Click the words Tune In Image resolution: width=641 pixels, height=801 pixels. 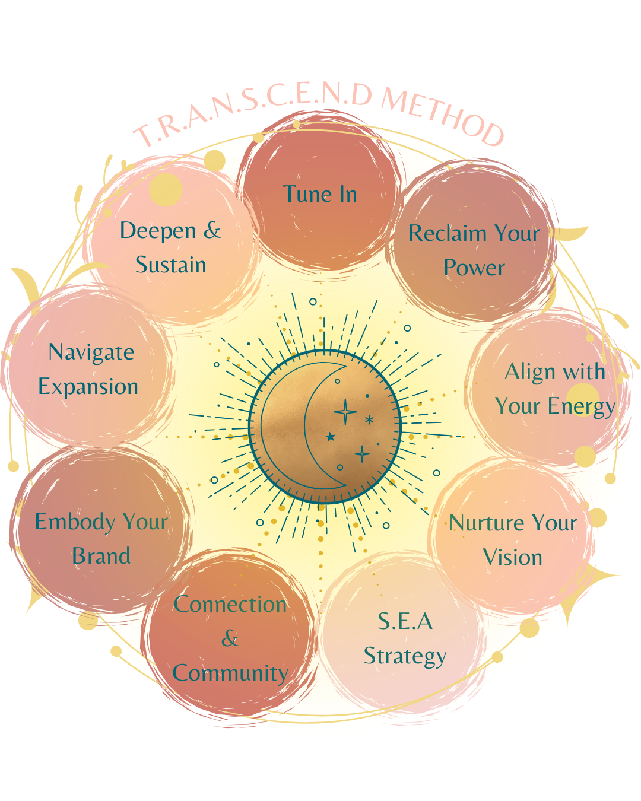click(x=320, y=194)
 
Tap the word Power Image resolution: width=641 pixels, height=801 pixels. click(x=474, y=268)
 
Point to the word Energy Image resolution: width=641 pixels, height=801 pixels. click(x=581, y=407)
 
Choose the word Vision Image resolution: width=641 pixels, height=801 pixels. click(x=512, y=557)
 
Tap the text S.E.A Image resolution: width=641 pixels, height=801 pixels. click(x=405, y=621)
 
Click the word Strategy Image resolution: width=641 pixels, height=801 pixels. click(x=405, y=656)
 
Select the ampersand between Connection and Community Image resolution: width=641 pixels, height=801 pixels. click(x=230, y=638)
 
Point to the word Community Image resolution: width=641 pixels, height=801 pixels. click(x=230, y=673)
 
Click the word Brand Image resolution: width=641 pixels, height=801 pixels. click(x=101, y=556)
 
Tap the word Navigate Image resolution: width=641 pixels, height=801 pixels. click(x=91, y=352)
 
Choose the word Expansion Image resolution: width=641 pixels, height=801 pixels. click(x=88, y=387)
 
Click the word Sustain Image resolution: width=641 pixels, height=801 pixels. click(x=170, y=265)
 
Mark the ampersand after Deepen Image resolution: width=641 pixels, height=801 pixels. click(x=212, y=230)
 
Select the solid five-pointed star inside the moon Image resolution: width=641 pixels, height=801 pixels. click(x=331, y=437)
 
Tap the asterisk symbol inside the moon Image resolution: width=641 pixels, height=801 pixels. click(x=369, y=420)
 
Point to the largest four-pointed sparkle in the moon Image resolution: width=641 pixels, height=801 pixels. click(x=345, y=412)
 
